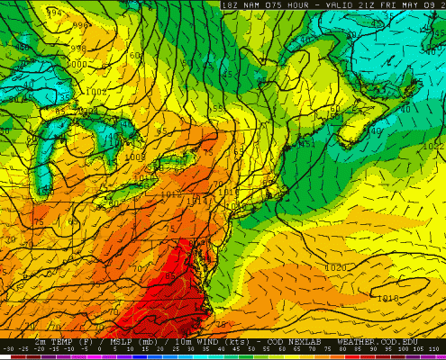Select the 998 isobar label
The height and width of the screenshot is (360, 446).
point(79,49)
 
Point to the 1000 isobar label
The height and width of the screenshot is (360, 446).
point(77,65)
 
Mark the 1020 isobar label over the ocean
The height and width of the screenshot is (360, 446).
point(335,268)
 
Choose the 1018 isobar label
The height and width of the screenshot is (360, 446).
point(388,298)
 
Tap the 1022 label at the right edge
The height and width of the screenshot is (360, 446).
point(433,146)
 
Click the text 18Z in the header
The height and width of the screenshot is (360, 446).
point(230,4)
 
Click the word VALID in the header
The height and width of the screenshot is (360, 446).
point(330,4)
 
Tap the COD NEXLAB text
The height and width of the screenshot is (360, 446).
point(288,343)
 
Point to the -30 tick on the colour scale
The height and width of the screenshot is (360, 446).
point(8,349)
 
